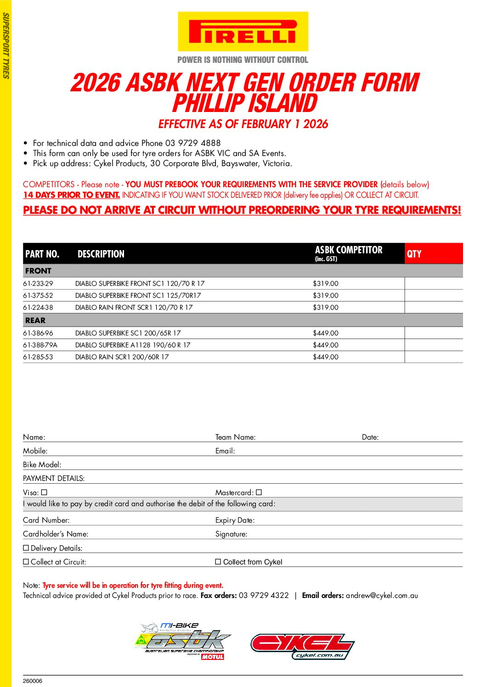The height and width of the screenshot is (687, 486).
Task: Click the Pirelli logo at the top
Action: point(243,32)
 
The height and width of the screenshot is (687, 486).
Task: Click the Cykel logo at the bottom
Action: point(302,646)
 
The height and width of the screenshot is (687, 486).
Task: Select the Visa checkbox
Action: point(44,492)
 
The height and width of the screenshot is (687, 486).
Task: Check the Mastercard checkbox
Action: point(259,492)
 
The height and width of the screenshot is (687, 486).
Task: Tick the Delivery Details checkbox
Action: point(26,548)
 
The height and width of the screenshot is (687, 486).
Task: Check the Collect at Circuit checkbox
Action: point(26,562)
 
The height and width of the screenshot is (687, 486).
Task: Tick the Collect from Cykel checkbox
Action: point(218,562)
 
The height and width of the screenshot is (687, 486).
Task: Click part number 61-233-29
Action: point(38,284)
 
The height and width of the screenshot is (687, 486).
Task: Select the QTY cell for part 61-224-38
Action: point(433,307)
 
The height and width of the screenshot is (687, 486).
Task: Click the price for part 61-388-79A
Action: point(325,345)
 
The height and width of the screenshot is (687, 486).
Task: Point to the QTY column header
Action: point(414,254)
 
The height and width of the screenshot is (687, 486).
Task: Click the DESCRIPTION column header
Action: point(101,254)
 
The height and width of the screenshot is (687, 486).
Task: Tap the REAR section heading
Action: point(35,320)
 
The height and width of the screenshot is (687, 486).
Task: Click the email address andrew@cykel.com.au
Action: point(382,596)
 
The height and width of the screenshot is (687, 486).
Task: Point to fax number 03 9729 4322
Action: point(264,596)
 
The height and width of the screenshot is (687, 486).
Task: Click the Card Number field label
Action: point(46,520)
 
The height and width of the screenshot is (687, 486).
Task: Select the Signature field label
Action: point(231,534)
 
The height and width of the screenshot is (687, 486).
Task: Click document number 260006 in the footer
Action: point(33,681)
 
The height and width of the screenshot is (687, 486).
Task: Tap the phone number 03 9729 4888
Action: point(193,143)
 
